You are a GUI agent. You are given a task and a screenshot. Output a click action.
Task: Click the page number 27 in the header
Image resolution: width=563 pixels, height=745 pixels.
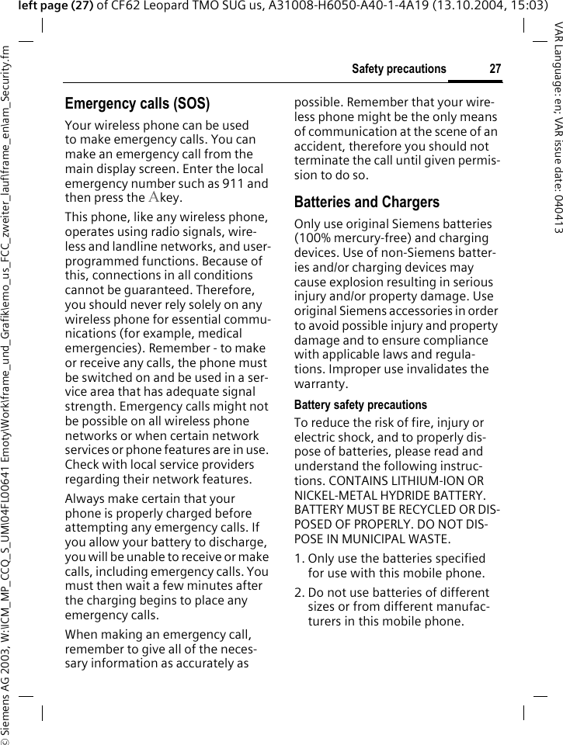pyautogui.click(x=495, y=69)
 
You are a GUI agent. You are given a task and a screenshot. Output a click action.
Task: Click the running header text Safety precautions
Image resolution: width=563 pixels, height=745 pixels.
pyautogui.click(x=398, y=69)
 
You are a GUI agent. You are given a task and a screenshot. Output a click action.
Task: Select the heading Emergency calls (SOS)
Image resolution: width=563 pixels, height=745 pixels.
pyautogui.click(x=137, y=104)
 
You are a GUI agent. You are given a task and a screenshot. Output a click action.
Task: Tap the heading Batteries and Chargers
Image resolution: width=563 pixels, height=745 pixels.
pyautogui.click(x=367, y=203)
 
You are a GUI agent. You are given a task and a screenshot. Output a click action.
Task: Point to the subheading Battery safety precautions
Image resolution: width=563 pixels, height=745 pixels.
pyautogui.click(x=360, y=405)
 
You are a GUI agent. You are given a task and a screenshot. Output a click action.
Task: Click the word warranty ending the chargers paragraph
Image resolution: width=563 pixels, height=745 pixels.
pyautogui.click(x=321, y=384)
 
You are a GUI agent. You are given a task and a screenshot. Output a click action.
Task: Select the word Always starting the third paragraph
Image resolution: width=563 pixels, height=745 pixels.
pyautogui.click(x=86, y=499)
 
